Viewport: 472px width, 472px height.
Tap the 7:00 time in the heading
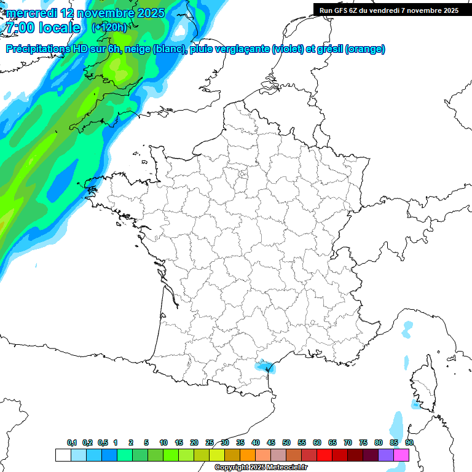coord(19,28)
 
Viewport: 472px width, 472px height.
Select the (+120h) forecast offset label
coord(109,27)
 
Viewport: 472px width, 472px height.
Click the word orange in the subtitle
coord(366,49)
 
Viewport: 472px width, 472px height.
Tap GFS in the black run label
coord(345,10)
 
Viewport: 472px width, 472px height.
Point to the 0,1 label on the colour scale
coord(72,442)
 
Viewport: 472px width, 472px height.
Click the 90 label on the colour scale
coord(409,442)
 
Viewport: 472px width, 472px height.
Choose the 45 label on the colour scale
coord(271,442)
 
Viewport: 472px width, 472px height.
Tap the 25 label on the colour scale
coord(210,442)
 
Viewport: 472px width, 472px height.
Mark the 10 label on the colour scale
coord(163,442)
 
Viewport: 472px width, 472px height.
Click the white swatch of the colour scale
coord(62,455)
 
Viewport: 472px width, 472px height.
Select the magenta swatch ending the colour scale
coord(401,455)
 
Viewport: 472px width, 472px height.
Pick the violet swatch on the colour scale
coord(386,455)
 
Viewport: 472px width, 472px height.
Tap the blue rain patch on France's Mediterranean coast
coord(265,366)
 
